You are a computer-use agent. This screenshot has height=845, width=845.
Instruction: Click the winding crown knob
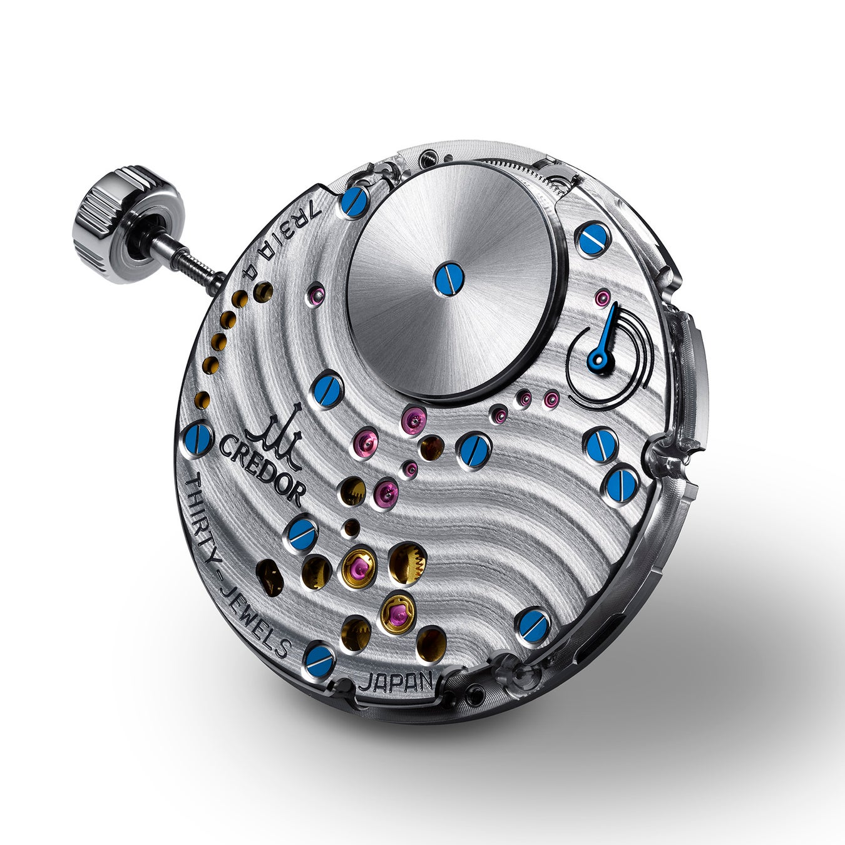125,224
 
